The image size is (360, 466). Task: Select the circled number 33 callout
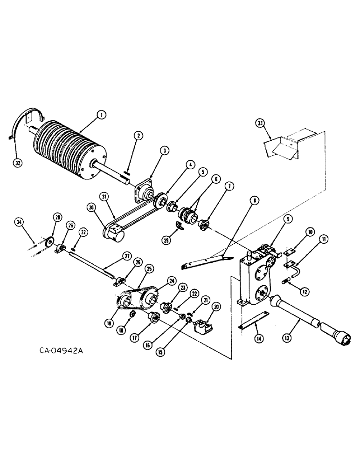tap(261, 123)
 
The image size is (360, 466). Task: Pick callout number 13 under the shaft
tap(299, 334)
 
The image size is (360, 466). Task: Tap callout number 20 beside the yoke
tap(215, 307)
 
